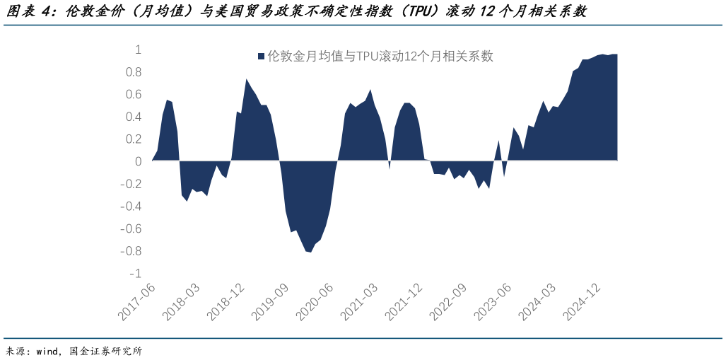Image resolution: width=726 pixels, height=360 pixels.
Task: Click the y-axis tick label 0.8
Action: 134,72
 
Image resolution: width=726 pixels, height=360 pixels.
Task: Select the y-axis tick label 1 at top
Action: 138,50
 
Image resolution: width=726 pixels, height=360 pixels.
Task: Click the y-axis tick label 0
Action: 138,161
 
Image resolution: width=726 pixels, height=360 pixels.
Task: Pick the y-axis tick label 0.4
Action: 134,117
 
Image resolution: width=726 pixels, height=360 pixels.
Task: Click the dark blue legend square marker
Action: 261,57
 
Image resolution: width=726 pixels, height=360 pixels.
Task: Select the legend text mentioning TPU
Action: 380,57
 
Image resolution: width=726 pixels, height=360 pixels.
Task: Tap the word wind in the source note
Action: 48,351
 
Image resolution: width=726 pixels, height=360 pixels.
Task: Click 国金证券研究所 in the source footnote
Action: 106,351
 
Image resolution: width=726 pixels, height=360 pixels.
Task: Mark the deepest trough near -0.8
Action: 310,252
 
